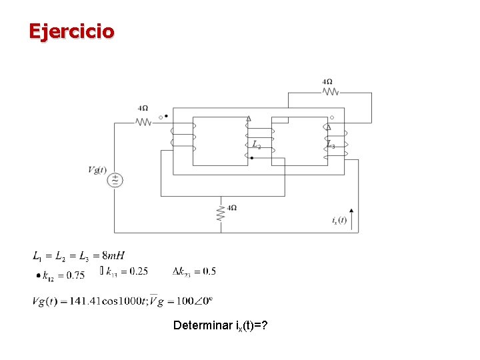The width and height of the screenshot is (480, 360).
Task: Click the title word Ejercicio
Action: click(x=71, y=31)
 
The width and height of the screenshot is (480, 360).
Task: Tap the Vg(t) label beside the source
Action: click(x=97, y=169)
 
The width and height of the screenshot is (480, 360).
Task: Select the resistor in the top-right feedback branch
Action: click(x=329, y=93)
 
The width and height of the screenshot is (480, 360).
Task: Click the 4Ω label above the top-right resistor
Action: click(x=327, y=82)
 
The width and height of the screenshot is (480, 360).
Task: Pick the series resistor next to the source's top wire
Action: click(x=143, y=121)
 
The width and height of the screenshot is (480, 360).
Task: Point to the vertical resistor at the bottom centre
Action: click(x=221, y=213)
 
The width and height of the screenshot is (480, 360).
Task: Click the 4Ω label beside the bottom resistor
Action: click(x=232, y=208)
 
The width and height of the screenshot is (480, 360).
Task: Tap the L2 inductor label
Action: click(x=257, y=144)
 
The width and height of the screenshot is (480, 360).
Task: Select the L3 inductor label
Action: click(x=331, y=144)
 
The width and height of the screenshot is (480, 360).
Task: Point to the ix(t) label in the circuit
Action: click(x=339, y=220)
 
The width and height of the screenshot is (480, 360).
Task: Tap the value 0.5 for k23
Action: click(x=209, y=271)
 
